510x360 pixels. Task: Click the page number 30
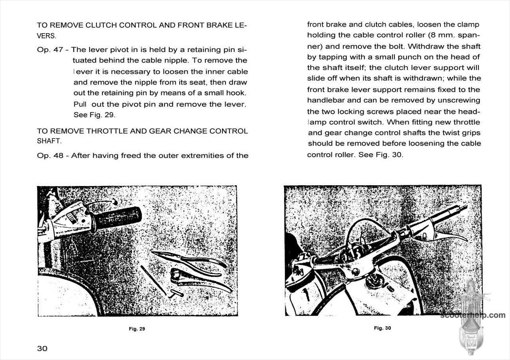42,348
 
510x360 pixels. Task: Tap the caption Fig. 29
137,329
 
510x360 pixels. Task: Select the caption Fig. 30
382,328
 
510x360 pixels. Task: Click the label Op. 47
50,50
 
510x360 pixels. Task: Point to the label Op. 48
50,156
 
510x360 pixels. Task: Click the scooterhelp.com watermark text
473,315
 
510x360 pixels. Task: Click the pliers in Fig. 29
188,262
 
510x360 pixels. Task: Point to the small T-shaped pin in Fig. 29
175,294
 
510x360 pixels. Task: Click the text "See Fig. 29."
94,115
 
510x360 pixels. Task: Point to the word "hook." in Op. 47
237,93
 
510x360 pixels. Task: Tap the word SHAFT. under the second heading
49,141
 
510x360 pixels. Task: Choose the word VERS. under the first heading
46,36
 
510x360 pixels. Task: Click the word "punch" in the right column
404,57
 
